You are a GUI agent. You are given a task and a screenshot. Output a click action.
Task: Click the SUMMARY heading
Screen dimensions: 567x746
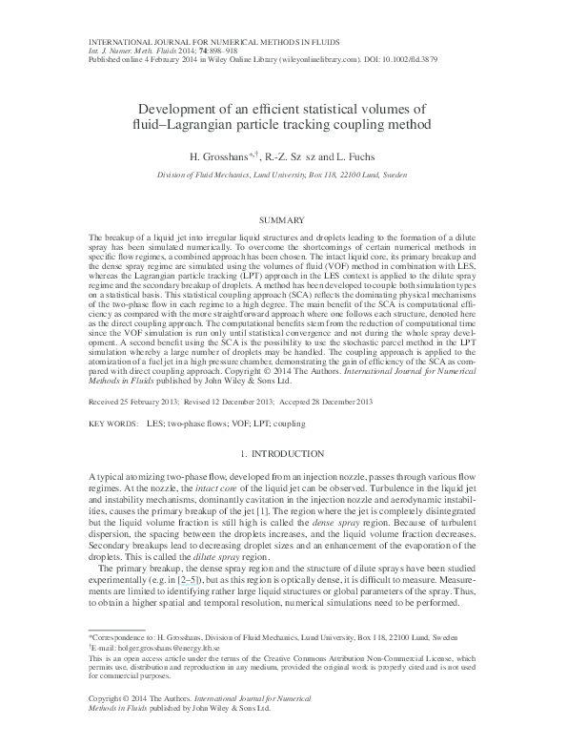(x=284, y=218)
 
